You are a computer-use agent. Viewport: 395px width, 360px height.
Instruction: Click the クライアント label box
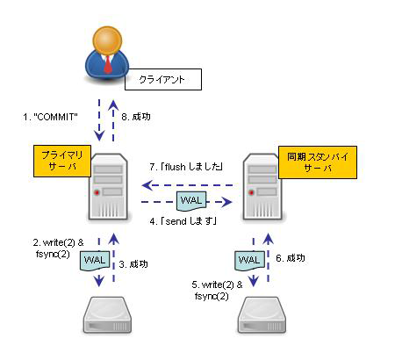point(163,79)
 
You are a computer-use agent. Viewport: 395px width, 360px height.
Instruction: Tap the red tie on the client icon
point(108,64)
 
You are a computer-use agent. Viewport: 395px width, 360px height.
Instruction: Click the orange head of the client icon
point(107,40)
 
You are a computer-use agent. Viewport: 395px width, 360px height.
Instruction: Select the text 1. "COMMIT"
point(50,117)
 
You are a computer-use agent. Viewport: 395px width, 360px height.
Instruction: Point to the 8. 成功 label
point(136,117)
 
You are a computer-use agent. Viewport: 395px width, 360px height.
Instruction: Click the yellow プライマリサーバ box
point(62,161)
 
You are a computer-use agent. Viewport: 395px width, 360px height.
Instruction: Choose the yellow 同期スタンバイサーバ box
point(318,162)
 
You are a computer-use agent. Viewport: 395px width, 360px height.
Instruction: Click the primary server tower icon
point(109,187)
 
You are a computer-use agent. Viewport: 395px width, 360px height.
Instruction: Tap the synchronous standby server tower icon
point(262,187)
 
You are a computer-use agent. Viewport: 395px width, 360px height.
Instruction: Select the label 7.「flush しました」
point(186,167)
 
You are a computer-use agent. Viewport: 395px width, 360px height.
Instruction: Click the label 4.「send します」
point(183,221)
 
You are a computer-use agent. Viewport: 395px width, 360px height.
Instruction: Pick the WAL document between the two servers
point(191,201)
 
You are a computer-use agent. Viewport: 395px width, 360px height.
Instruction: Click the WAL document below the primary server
point(95,261)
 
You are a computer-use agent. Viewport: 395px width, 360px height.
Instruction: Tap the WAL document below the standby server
point(249,261)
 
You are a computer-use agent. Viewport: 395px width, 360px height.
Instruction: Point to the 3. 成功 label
point(133,264)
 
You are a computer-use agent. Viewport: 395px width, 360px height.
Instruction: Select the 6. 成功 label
point(291,258)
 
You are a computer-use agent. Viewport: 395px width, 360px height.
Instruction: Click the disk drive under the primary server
point(108,315)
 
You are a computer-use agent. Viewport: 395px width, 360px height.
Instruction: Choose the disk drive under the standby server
point(262,315)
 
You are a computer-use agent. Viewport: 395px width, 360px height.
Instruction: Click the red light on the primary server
point(97,192)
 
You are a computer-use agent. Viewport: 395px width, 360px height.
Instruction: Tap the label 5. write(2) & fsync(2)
point(217,291)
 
